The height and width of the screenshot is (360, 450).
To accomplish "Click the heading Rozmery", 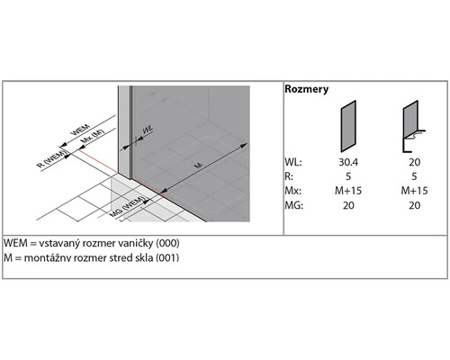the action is point(306,89).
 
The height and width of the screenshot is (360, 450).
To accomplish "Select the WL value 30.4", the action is point(348,162).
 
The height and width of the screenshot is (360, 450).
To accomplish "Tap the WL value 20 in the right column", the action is point(414,162).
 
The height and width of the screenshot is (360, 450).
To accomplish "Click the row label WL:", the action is point(293,162).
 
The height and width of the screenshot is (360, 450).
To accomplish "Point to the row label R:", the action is point(289,176).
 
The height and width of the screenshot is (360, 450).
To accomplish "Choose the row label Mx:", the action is point(293,191).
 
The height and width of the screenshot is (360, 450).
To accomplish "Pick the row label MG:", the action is point(294,205).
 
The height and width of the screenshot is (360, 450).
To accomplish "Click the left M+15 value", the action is point(348,191).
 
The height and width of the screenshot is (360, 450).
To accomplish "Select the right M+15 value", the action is point(414,191).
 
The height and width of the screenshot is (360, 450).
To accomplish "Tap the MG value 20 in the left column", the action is point(348,205).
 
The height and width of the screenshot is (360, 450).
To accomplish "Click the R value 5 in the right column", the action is point(414,176).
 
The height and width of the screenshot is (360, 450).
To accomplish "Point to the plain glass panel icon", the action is point(348,126).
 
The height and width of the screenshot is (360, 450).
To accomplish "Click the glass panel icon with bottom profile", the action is point(413,126).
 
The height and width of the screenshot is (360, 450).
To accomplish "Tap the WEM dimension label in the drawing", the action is point(80,130).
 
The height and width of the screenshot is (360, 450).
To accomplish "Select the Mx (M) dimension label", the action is point(93,136).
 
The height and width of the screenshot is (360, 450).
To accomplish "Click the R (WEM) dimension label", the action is point(51,159).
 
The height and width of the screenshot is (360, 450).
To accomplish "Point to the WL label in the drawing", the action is point(148,130).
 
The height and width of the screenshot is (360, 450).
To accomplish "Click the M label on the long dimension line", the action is point(199,165).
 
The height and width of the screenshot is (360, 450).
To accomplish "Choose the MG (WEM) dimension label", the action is point(128,206).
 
